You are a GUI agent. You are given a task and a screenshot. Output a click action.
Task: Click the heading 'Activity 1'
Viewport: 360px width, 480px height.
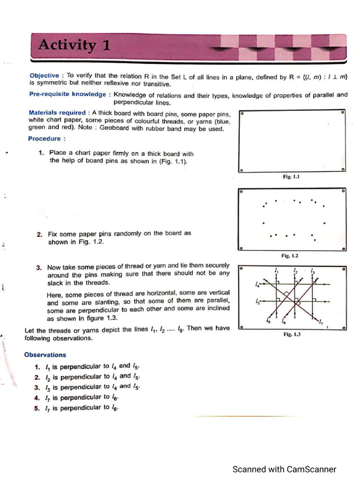coord(75,45)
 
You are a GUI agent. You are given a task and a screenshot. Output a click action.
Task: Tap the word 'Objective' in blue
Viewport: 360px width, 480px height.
coord(44,75)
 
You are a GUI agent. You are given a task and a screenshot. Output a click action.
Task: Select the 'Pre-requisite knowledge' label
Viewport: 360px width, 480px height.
coord(67,94)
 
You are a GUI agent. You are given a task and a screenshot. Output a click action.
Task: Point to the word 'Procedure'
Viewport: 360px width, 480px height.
coord(45,139)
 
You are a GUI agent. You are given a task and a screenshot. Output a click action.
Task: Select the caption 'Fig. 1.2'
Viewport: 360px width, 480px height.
coord(290,256)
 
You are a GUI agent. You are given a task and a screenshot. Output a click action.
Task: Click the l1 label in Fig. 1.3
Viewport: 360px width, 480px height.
coord(277,271)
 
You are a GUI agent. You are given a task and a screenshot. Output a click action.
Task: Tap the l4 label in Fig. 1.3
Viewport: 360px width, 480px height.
coord(257,285)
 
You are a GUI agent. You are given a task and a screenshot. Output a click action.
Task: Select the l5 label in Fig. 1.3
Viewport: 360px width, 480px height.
coord(257,302)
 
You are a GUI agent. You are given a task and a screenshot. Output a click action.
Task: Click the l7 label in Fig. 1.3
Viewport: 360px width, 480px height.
coord(321,322)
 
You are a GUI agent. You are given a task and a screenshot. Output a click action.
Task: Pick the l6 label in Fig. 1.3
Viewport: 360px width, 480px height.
coord(268,321)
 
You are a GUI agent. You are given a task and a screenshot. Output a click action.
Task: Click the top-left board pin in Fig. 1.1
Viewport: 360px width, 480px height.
coord(241,113)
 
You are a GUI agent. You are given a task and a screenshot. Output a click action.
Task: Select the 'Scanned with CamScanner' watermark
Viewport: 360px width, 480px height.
coord(284,469)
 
